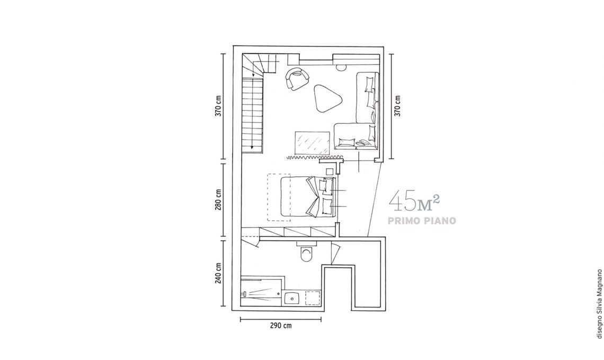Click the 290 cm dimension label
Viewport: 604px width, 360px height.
pyautogui.click(x=280, y=326)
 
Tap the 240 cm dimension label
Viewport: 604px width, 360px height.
pyautogui.click(x=219, y=273)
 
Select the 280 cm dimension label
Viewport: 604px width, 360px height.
pyautogui.click(x=219, y=200)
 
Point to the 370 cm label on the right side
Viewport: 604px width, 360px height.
pyautogui.click(x=398, y=105)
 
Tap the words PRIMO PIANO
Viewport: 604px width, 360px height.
pyautogui.click(x=422, y=221)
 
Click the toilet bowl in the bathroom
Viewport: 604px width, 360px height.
pyautogui.click(x=307, y=255)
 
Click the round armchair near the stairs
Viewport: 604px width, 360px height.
pyautogui.click(x=297, y=78)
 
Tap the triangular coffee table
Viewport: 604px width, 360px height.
pyautogui.click(x=327, y=98)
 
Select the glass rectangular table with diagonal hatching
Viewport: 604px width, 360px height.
pyautogui.click(x=313, y=143)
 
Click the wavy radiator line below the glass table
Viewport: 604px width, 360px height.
pyautogui.click(x=316, y=157)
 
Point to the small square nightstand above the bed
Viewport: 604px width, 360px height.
pyautogui.click(x=330, y=172)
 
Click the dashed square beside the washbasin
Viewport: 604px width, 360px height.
pyautogui.click(x=313, y=298)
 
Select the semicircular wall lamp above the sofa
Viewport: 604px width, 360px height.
pyautogui.click(x=341, y=67)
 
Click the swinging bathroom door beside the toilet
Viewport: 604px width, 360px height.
pyautogui.click(x=335, y=254)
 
